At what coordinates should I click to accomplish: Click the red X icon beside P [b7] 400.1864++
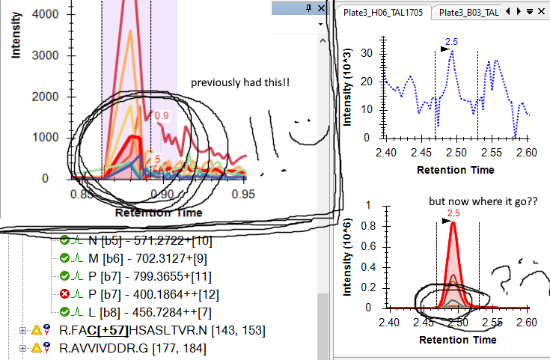coord(64,294)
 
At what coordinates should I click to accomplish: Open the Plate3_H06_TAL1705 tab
coord(382,12)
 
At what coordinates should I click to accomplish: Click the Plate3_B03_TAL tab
coord(468,12)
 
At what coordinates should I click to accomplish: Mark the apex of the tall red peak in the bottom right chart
coord(453,224)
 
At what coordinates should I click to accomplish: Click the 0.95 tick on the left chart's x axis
coord(243,194)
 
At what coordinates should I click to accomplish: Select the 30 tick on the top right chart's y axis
coord(367,52)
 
